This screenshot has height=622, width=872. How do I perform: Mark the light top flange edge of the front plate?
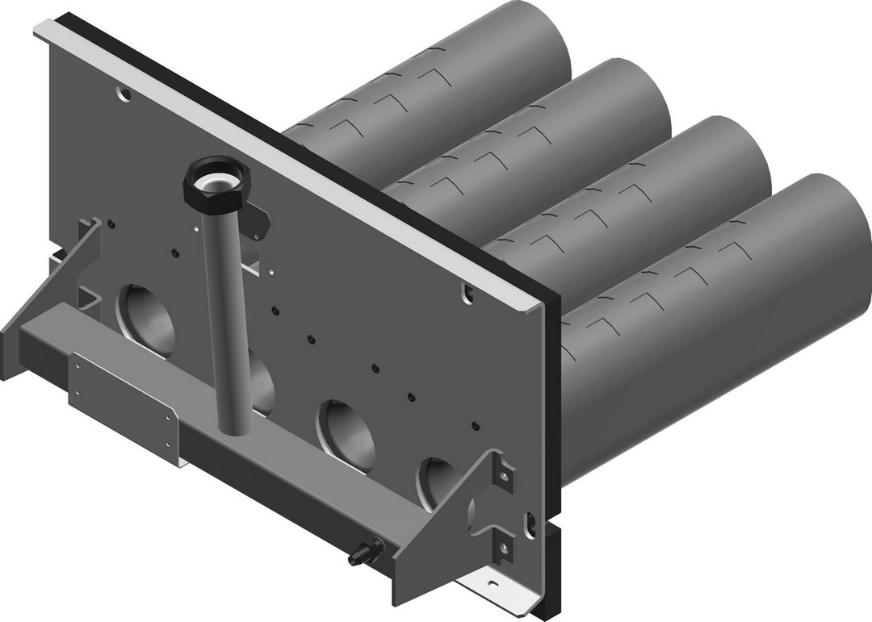tap(283, 161)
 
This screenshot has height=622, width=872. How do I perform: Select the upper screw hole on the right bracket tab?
tap(504, 476)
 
